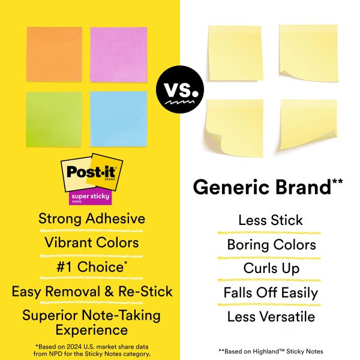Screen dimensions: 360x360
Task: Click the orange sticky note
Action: tap(54, 54)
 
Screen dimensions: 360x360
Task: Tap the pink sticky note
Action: tap(118, 54)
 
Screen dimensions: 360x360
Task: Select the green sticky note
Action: tap(54, 118)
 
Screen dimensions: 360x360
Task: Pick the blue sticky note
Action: tap(118, 118)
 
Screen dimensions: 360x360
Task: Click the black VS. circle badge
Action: tap(180, 92)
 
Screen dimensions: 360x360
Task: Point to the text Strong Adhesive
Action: tap(92, 218)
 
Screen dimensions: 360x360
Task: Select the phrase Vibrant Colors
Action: tap(92, 242)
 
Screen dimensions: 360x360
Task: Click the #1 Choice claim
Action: tap(92, 267)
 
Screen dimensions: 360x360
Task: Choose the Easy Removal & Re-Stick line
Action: tap(92, 292)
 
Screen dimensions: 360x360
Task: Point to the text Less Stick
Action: tap(271, 220)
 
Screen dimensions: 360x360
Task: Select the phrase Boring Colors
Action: tap(271, 245)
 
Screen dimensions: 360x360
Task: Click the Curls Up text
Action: tap(271, 268)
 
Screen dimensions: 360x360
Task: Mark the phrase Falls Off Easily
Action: tap(271, 293)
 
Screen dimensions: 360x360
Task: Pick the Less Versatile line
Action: tap(271, 316)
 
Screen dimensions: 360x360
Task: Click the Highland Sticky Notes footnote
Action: tap(271, 351)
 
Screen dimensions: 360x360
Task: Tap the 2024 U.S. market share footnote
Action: tap(92, 350)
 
